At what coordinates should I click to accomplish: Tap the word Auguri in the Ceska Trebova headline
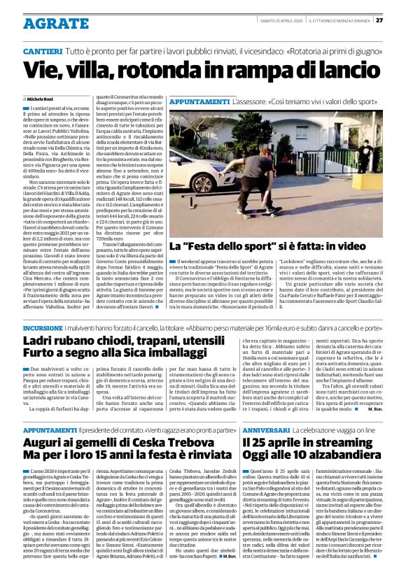[x=47, y=442]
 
